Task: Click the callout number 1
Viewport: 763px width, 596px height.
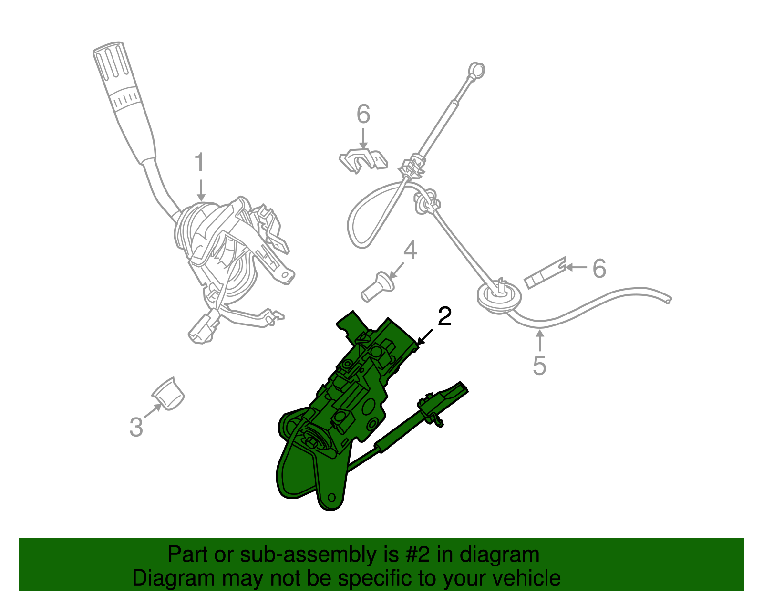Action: click(199, 163)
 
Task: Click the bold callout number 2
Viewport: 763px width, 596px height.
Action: click(444, 317)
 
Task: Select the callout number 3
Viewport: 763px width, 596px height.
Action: click(136, 427)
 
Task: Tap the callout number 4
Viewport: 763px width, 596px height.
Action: click(410, 251)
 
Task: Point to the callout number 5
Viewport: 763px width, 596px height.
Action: click(539, 366)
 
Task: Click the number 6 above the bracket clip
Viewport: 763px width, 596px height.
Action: click(363, 115)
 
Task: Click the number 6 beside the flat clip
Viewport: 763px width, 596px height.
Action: click(599, 268)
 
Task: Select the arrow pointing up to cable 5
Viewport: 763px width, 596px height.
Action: click(540, 341)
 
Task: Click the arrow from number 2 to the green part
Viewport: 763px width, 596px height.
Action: click(425, 336)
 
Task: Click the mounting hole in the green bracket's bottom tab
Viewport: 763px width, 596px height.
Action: click(332, 498)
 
